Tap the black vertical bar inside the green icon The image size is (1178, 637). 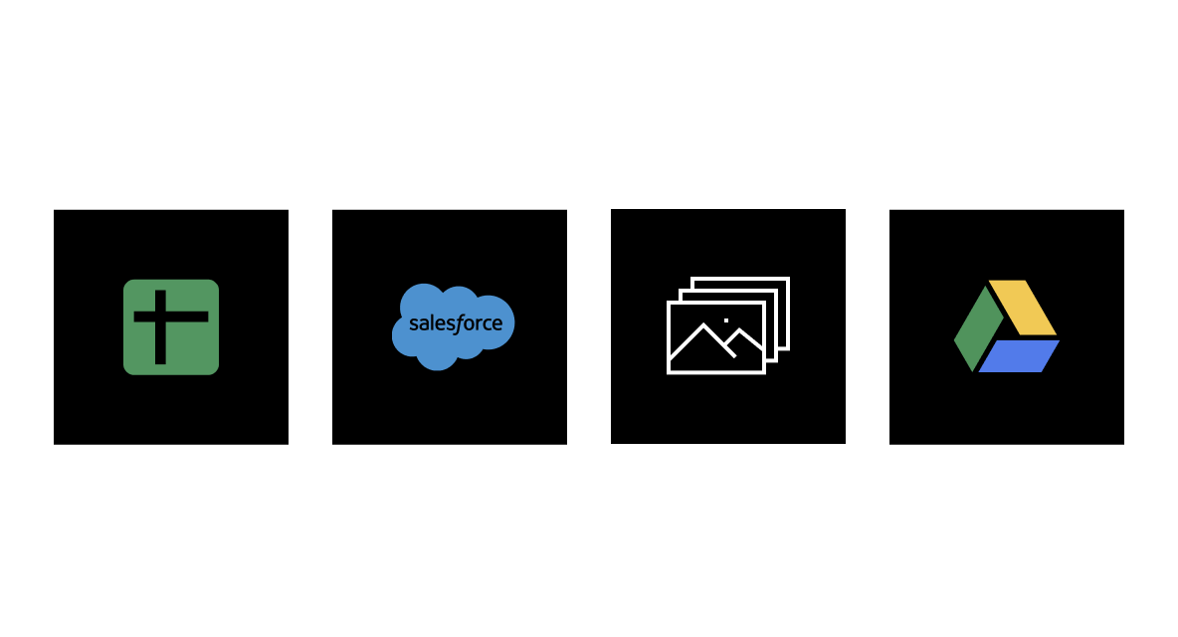[x=160, y=343]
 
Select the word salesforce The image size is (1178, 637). [x=456, y=324]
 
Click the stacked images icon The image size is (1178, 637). [x=726, y=326]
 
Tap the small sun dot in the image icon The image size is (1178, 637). [x=726, y=320]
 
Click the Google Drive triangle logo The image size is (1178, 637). [x=1006, y=326]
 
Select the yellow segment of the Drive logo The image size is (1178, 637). [x=1022, y=307]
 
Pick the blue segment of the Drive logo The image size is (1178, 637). [x=1019, y=355]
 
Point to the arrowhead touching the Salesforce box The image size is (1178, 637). [x=324, y=327]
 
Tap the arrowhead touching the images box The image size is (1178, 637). [x=603, y=327]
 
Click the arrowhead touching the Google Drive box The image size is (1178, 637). [x=882, y=327]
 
